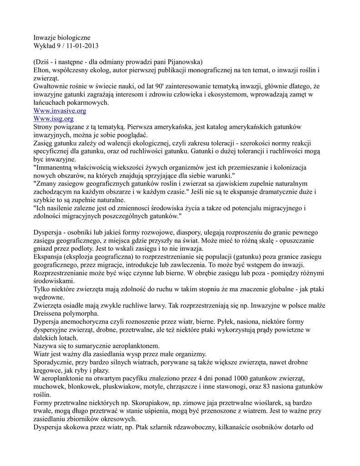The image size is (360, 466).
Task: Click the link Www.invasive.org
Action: [x=60, y=111]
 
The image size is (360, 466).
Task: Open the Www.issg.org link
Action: [x=53, y=119]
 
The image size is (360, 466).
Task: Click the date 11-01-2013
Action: [x=82, y=46]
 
